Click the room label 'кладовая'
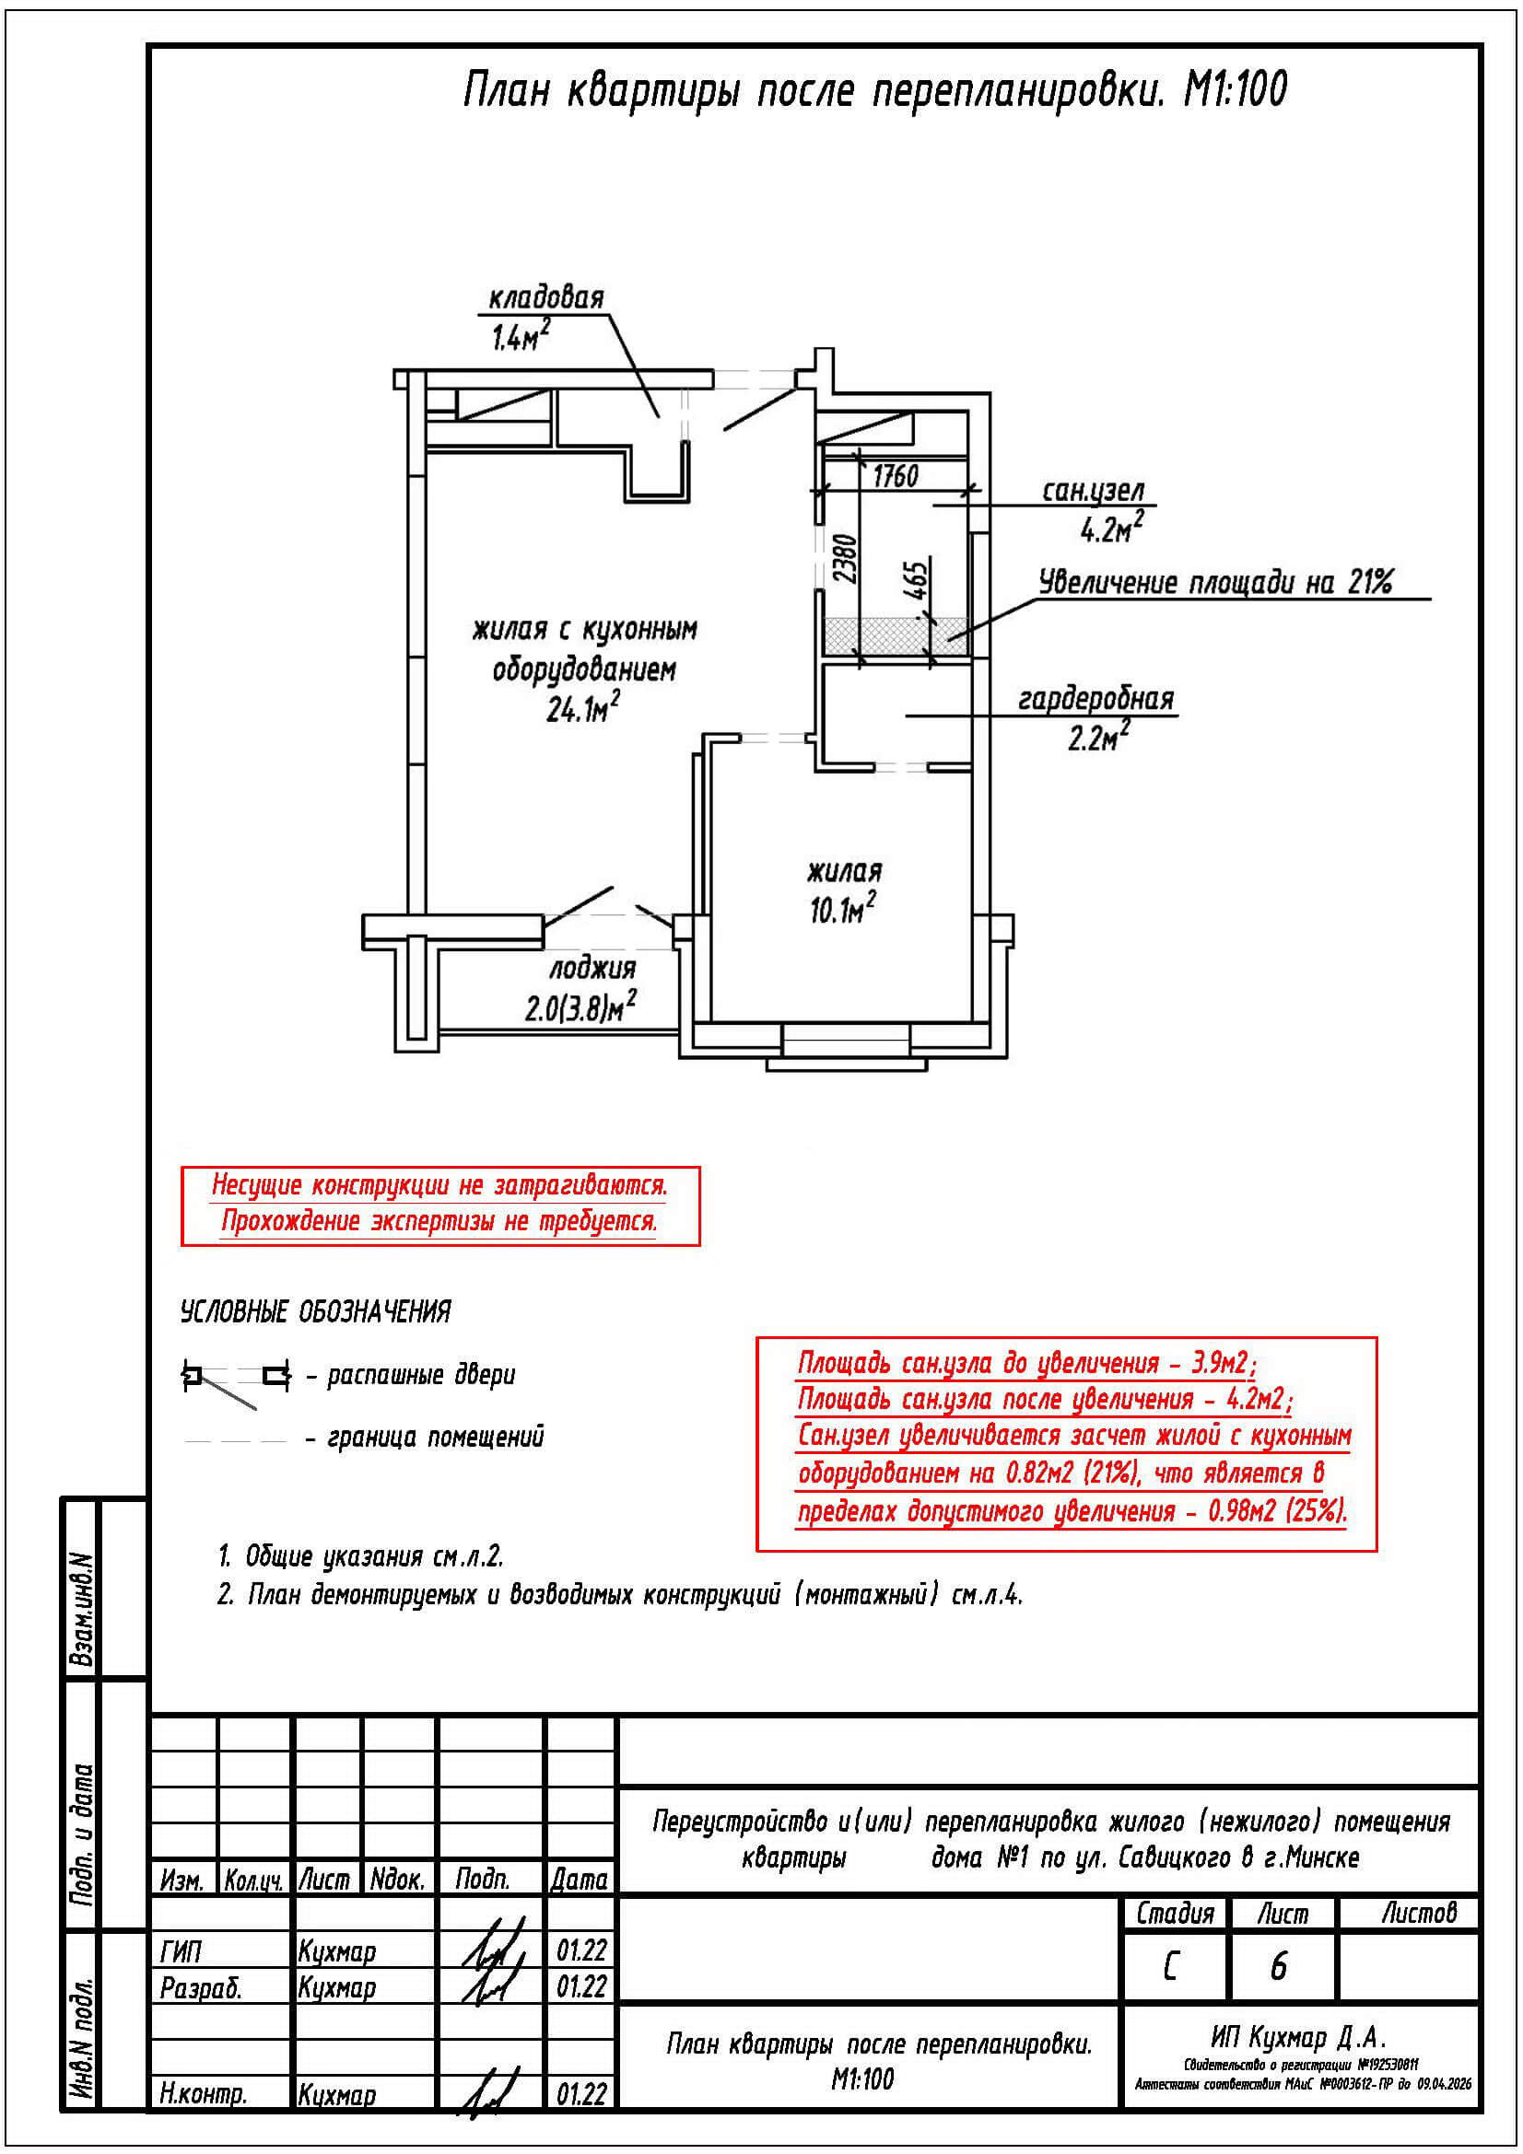546,298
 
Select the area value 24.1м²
582,707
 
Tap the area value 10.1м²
843,907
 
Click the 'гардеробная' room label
1096,699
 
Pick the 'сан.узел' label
1094,491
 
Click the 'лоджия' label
592,967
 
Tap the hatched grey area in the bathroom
896,636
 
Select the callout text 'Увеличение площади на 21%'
1215,583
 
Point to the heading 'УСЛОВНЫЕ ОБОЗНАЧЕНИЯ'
315,1311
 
